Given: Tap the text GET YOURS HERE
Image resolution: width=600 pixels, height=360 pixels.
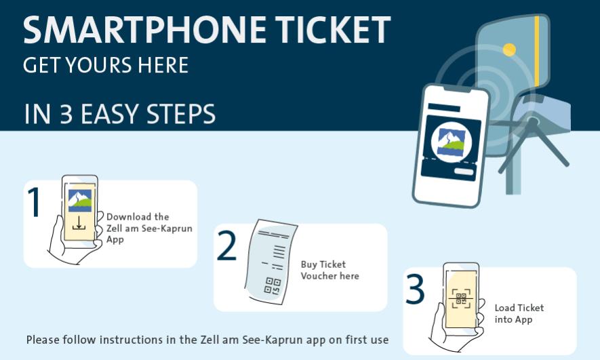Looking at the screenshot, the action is (106, 64).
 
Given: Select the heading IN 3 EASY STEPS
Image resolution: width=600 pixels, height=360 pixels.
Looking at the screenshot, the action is (119, 114).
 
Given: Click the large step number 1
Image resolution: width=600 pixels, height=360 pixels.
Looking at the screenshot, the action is (35, 202).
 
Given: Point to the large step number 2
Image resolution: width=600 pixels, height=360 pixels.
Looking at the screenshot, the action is (227, 247).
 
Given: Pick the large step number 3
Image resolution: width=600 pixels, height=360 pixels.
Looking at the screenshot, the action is (415, 289).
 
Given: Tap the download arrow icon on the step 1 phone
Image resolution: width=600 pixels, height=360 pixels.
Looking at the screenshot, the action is (79, 223).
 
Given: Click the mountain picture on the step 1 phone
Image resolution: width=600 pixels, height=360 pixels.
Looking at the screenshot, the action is (80, 200).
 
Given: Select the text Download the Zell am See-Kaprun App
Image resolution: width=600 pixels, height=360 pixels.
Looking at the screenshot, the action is (149, 228).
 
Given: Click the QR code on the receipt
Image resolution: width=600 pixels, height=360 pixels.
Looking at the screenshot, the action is (273, 285).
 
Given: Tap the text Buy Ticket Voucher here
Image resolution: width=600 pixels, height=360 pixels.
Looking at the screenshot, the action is (330, 270).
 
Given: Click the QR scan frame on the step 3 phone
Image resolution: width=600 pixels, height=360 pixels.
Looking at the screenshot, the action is (461, 298).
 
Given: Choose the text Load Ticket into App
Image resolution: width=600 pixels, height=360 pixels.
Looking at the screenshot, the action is (519, 314).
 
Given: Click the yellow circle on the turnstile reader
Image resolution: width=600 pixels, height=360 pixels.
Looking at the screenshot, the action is (509, 49).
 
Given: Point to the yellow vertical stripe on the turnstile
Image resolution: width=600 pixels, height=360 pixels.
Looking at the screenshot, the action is (537, 51).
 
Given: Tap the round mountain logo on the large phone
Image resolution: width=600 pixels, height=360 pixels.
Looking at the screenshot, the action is (452, 142).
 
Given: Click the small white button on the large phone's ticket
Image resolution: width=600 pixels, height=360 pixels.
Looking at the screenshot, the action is (464, 172).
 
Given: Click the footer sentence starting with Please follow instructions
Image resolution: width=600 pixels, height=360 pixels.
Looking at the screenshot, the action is (207, 340).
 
